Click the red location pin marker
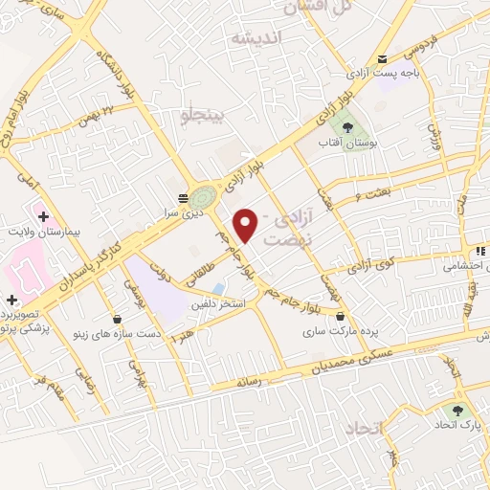(x=246, y=224)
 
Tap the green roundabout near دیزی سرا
(x=202, y=198)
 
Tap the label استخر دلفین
(x=221, y=304)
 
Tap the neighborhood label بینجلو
(x=202, y=116)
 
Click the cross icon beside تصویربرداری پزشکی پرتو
(x=11, y=301)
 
